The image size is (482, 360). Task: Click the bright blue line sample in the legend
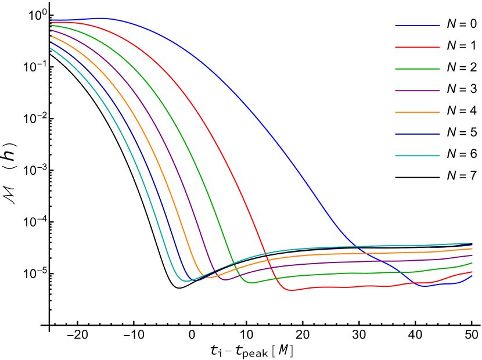tap(417, 26)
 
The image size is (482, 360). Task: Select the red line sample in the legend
tap(417, 47)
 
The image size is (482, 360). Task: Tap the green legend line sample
tap(417, 69)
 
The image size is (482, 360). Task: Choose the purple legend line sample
tap(417, 91)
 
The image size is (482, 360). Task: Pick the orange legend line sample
tap(417, 112)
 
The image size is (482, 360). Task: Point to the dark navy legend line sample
tap(417, 134)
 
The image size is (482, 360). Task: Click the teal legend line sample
tap(417, 156)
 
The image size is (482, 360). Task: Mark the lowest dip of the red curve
tap(292, 290)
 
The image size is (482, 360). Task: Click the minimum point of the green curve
tap(251, 283)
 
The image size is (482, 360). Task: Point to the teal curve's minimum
tap(186, 281)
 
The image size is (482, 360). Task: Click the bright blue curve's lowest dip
tap(424, 286)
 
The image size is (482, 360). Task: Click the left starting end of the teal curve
tap(51, 48)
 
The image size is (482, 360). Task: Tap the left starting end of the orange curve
tap(51, 37)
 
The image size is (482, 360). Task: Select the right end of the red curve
tap(472, 272)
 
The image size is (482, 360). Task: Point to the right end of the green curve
tap(472, 263)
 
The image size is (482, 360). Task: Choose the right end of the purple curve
tap(472, 255)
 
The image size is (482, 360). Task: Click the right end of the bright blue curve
tap(472, 276)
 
